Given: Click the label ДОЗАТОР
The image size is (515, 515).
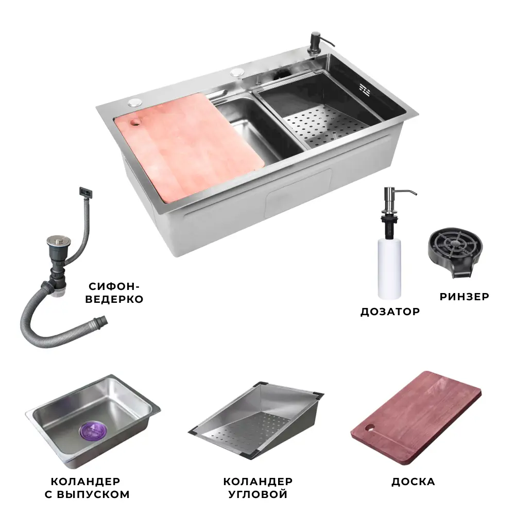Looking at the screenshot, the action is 390,312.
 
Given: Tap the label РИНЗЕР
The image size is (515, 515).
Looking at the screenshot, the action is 464,297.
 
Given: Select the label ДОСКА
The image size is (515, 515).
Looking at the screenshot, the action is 413,482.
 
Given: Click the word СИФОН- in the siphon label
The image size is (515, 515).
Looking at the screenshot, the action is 114,286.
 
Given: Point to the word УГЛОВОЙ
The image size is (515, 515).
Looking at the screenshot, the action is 258,494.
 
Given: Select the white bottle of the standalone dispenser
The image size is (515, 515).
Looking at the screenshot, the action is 389,268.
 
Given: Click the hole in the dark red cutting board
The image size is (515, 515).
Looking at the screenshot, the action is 370,428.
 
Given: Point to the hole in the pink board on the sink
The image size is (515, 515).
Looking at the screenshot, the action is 135,123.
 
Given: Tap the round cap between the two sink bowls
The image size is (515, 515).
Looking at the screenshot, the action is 237,72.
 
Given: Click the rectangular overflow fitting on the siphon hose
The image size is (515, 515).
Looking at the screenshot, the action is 85,192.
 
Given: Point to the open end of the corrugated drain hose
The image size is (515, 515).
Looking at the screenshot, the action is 102,320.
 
